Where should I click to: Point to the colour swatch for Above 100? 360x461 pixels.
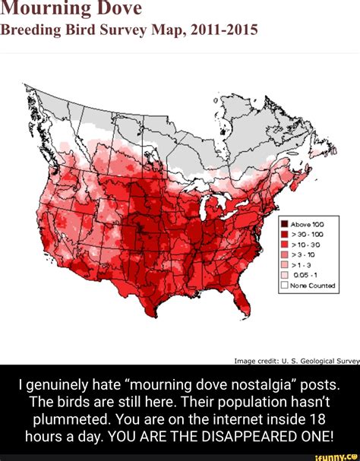tap(283, 224)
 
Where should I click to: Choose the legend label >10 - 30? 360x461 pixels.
tap(307, 246)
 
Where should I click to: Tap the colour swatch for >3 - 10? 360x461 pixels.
tap(283, 257)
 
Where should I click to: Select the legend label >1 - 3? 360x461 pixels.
tap(302, 267)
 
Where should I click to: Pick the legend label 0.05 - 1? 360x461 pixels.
tap(305, 276)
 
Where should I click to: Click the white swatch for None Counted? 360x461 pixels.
tap(283, 286)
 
